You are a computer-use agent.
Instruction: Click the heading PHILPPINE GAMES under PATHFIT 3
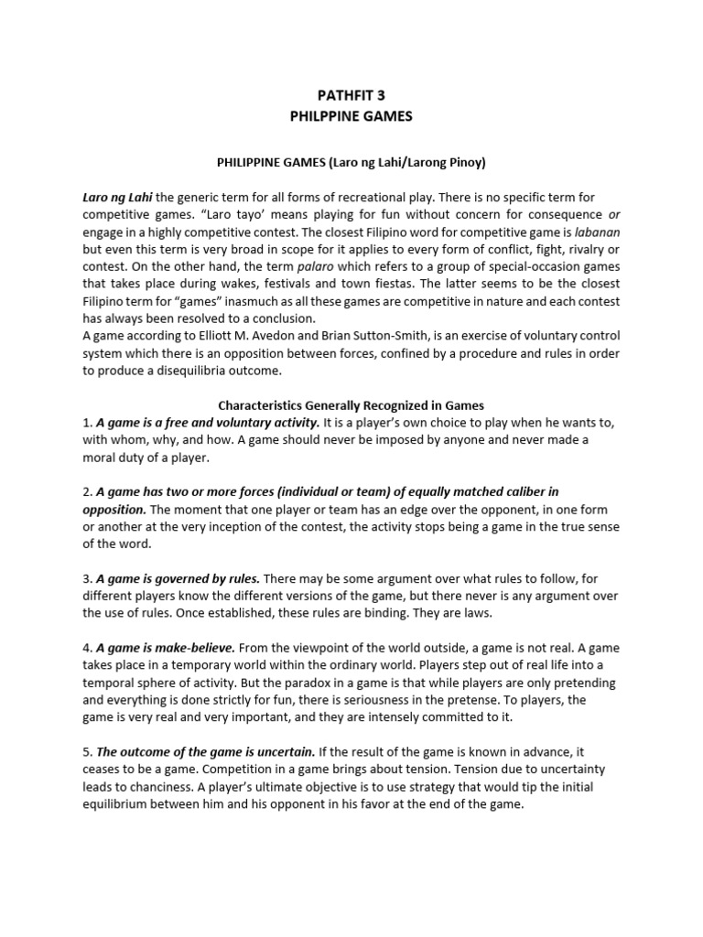click(351, 117)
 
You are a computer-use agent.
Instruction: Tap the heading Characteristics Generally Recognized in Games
click(351, 405)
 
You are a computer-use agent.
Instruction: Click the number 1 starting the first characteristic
click(86, 422)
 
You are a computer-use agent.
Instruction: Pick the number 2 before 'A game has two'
click(86, 492)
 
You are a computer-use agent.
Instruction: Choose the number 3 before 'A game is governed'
click(86, 578)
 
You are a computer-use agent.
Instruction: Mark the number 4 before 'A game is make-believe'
click(86, 648)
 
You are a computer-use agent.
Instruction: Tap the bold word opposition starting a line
click(114, 509)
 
